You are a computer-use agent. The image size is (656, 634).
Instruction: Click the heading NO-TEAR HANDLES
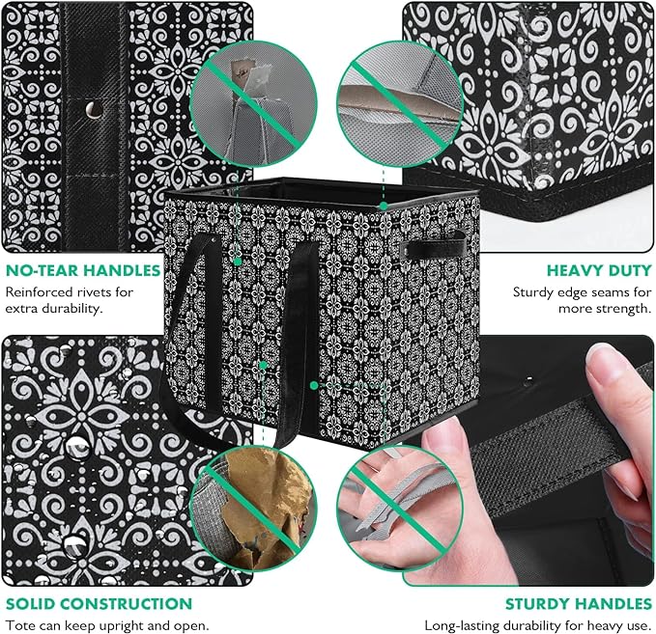[83, 270]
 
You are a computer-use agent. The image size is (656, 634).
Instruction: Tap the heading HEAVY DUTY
[599, 270]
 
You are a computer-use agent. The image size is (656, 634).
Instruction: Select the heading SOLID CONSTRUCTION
[100, 604]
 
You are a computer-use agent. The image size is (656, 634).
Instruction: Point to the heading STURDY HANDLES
[579, 604]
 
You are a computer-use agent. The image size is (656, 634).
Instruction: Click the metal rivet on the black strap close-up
[94, 110]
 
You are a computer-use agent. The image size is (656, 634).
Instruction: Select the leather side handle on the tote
[433, 248]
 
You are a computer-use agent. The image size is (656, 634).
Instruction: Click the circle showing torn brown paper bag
[253, 509]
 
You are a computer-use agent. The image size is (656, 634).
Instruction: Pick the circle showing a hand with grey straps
[400, 509]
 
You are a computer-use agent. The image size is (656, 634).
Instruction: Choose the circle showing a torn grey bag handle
[253, 103]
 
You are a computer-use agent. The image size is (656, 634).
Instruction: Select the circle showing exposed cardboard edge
[400, 103]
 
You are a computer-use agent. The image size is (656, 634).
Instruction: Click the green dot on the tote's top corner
[384, 206]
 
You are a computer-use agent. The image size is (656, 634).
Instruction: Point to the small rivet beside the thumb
[530, 379]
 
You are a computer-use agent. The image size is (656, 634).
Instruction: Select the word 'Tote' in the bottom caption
[17, 625]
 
